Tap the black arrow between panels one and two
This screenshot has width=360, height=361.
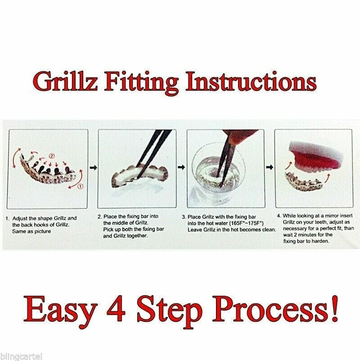pos(93,167)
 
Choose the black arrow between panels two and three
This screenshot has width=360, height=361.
pos(182,167)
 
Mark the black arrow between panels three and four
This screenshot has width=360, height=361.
pos(270,167)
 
